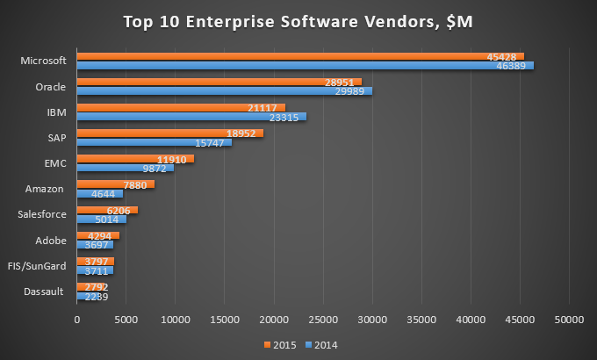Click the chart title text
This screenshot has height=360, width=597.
click(298, 21)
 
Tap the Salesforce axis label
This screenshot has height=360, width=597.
click(43, 213)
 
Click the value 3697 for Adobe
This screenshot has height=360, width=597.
click(97, 244)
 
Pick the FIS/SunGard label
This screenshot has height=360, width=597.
click(41, 265)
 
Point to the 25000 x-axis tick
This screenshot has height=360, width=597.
click(323, 319)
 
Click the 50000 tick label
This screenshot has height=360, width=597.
click(568, 319)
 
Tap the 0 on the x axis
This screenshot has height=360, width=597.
click(77, 319)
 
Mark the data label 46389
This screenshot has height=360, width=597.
click(514, 66)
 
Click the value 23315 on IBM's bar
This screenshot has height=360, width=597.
click(286, 117)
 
